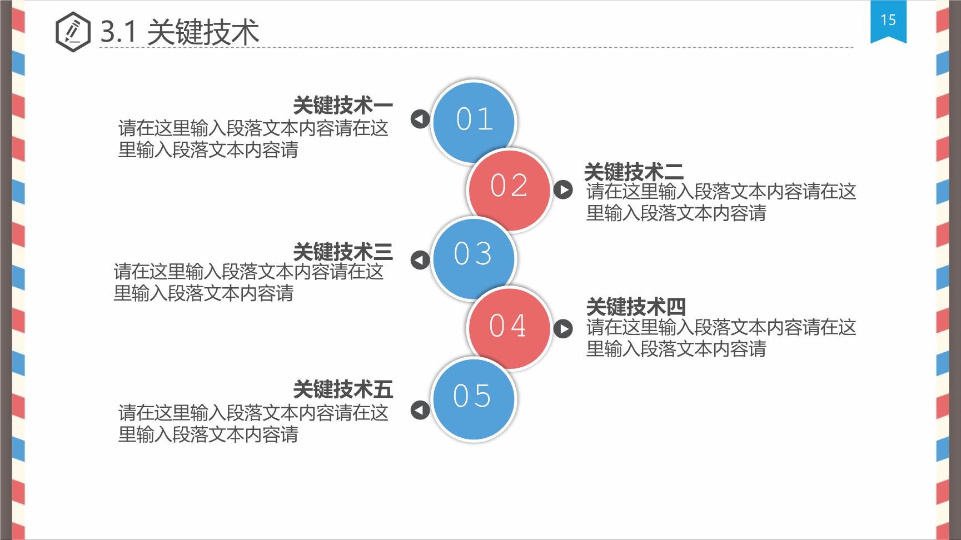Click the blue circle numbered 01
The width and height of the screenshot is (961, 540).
(x=474, y=122)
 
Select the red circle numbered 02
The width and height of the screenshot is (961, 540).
(x=509, y=189)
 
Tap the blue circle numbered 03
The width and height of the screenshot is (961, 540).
(x=474, y=258)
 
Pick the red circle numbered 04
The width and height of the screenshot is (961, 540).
(x=509, y=328)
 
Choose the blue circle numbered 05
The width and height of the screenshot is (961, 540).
(x=474, y=399)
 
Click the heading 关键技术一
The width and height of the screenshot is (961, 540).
(x=343, y=105)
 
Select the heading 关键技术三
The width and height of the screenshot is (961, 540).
(x=343, y=252)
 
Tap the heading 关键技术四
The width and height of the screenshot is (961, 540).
(x=636, y=307)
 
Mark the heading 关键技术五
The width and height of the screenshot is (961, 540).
(x=343, y=389)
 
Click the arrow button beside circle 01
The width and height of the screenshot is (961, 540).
(x=420, y=118)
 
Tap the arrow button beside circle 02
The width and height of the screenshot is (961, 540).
(x=563, y=190)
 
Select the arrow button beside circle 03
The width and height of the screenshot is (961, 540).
(x=420, y=259)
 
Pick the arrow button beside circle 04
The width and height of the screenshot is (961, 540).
(x=563, y=329)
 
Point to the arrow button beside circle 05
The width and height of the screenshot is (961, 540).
(x=420, y=410)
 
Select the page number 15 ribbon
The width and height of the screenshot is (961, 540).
(x=888, y=21)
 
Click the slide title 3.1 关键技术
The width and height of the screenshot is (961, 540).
(x=180, y=32)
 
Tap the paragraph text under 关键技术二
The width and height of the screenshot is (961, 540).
(x=721, y=202)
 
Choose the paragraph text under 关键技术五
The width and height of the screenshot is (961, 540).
(x=253, y=423)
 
